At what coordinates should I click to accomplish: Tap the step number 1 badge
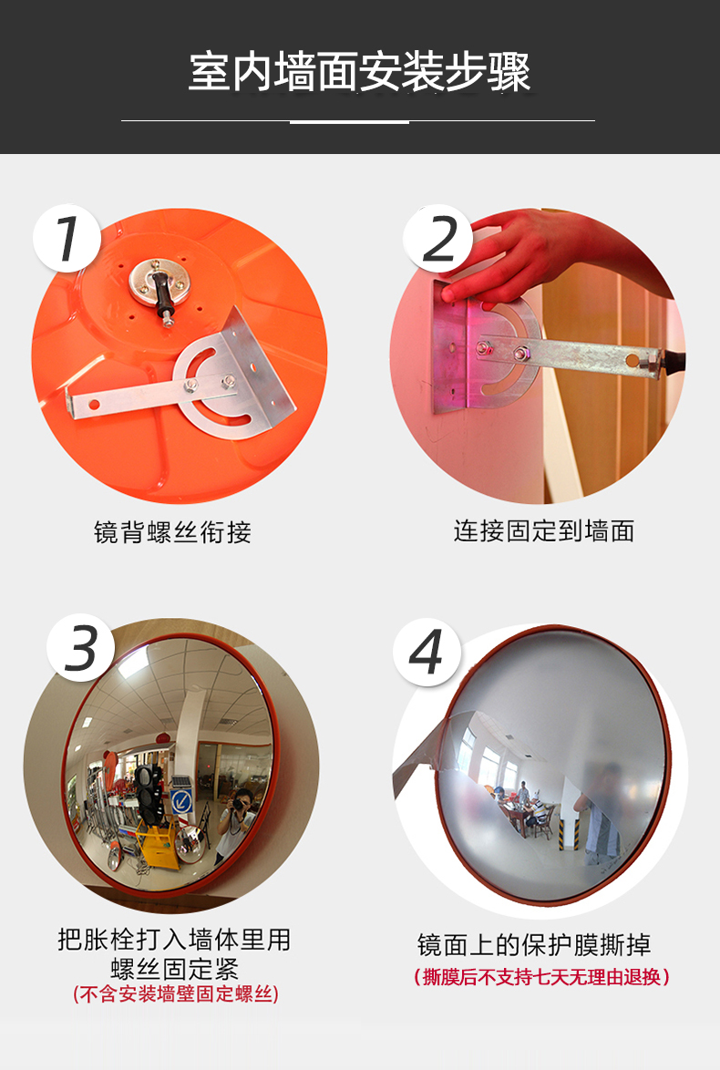tap(66, 238)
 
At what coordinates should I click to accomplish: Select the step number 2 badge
tap(438, 239)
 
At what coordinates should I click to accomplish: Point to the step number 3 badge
tap(81, 649)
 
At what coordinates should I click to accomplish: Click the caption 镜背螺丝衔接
tap(172, 531)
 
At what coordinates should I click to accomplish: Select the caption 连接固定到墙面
tap(543, 530)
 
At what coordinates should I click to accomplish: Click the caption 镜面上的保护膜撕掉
tap(534, 944)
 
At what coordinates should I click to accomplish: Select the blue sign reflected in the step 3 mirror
tap(182, 801)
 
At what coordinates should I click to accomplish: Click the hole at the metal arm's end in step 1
tap(92, 401)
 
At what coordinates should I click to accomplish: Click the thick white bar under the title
tap(349, 121)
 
